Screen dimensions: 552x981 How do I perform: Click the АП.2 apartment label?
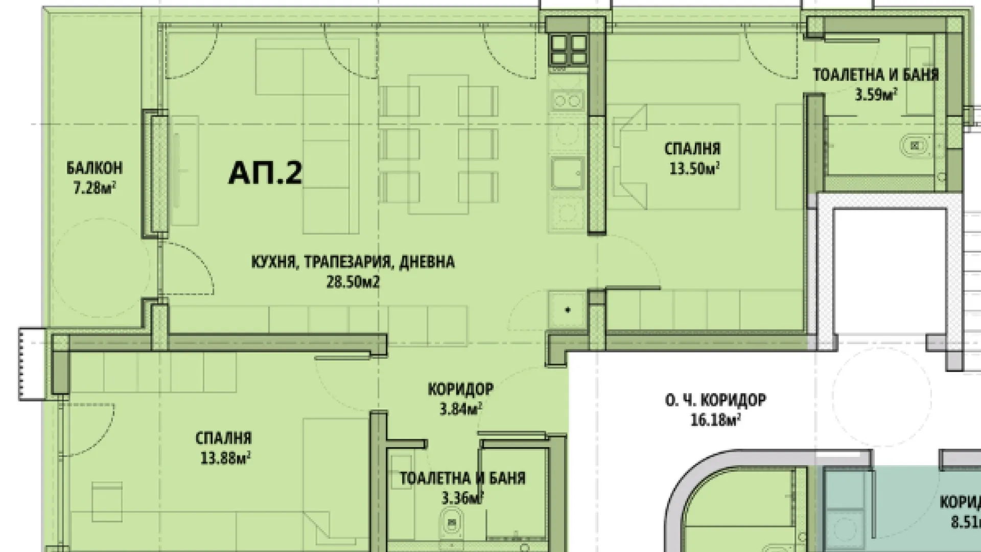[265, 173]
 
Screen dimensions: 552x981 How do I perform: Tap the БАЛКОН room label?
[95, 168]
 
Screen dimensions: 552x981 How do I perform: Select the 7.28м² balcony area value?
[95, 188]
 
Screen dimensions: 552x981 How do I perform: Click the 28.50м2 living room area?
[353, 282]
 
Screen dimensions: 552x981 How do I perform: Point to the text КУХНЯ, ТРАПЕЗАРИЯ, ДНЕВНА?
[353, 262]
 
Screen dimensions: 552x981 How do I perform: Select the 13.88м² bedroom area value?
[225, 458]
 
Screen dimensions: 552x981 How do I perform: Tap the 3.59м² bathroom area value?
[876, 95]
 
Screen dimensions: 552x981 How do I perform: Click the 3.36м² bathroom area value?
[462, 497]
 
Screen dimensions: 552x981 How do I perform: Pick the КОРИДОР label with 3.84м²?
[460, 389]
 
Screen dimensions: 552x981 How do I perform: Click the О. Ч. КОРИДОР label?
[715, 400]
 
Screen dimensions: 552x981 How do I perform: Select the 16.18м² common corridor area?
[714, 420]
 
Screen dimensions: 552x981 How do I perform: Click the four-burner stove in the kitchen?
[568, 50]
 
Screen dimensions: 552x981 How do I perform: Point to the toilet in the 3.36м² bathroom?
[451, 522]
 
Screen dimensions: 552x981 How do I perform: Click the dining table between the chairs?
[438, 144]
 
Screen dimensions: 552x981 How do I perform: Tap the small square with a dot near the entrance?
[567, 310]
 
